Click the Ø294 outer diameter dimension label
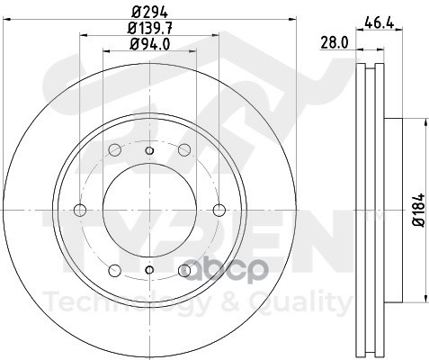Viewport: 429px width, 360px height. (150, 13)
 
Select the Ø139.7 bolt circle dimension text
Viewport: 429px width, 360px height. (150, 29)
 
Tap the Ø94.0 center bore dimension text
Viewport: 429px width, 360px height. (150, 44)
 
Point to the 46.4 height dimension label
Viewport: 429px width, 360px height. (379, 22)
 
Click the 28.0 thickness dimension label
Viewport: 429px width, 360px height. (335, 42)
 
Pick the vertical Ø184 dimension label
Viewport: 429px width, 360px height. (419, 210)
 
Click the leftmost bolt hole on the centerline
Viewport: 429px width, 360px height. (80, 210)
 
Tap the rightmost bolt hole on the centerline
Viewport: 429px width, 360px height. (219, 210)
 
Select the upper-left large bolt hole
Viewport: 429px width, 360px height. (115, 149)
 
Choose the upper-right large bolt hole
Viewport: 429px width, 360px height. (184, 149)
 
